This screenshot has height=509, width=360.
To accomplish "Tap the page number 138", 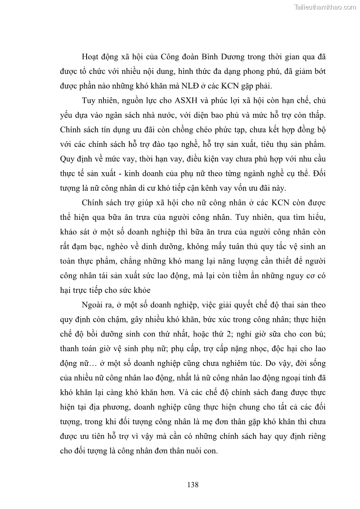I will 193,485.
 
